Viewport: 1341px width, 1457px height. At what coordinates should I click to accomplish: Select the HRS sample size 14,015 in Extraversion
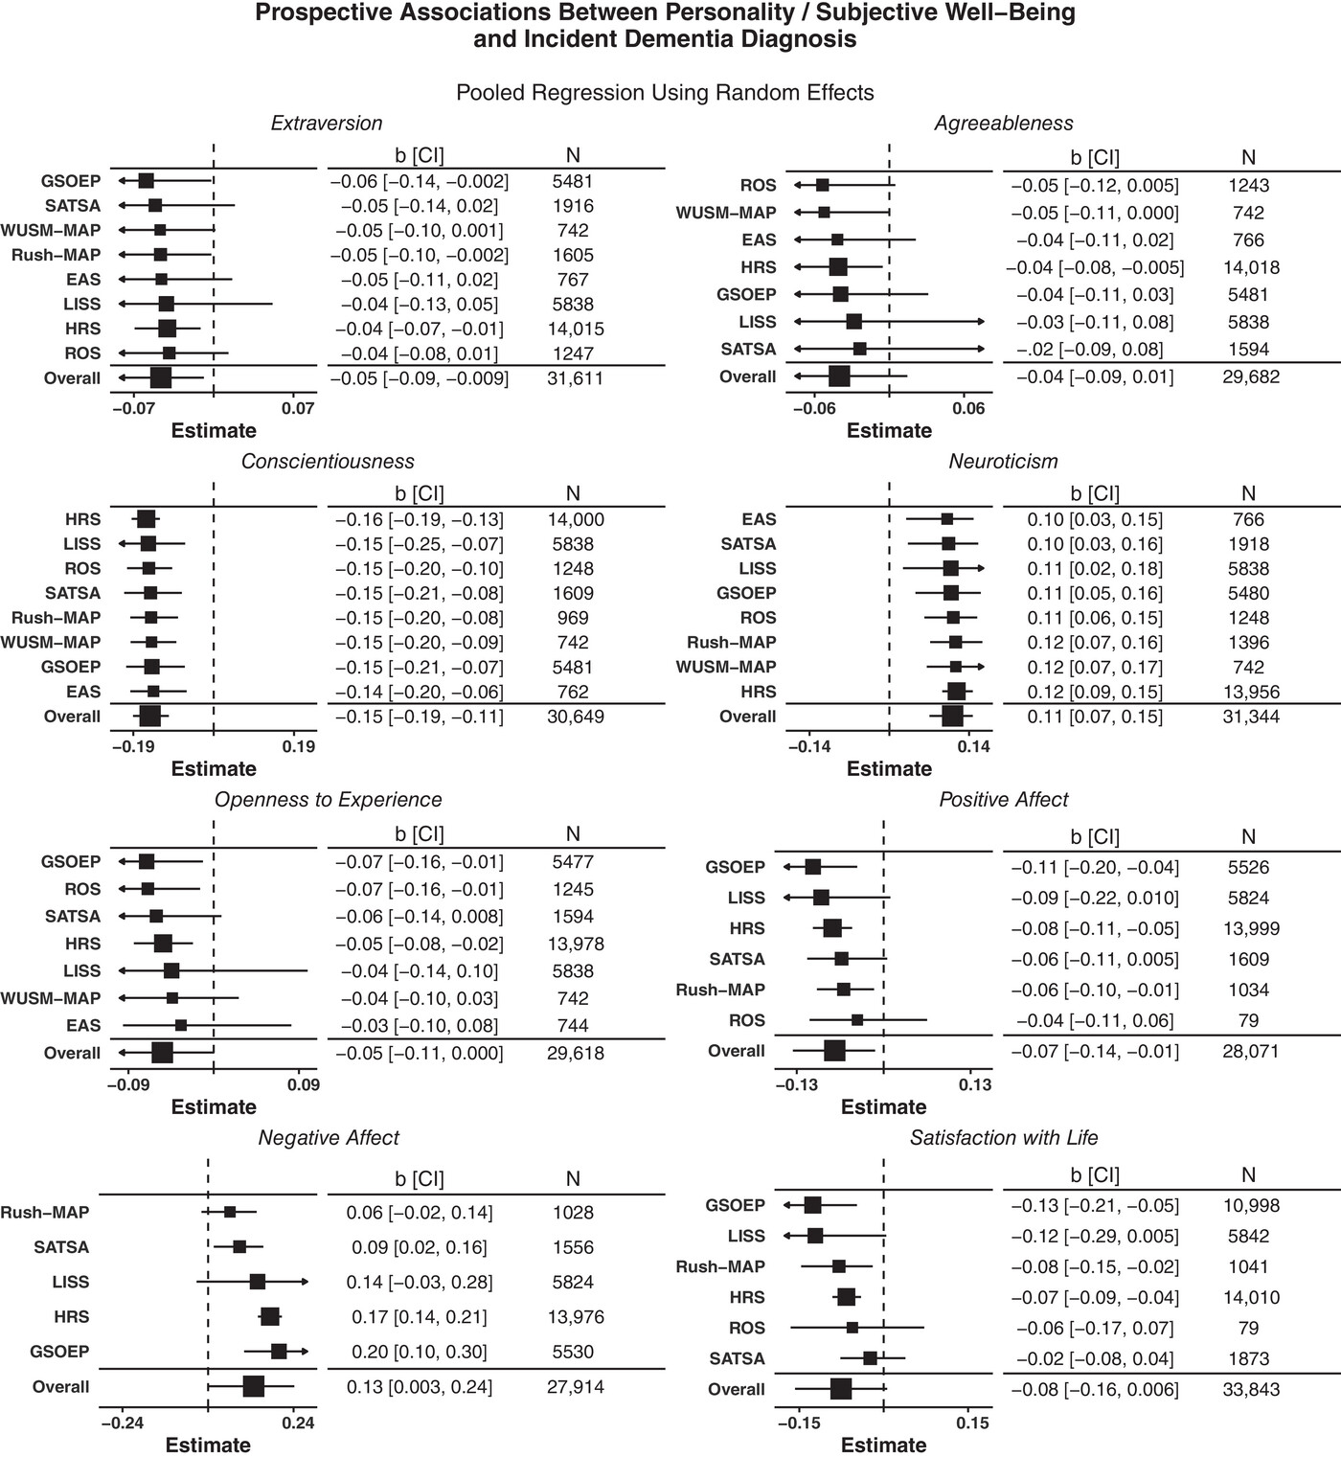pyautogui.click(x=573, y=329)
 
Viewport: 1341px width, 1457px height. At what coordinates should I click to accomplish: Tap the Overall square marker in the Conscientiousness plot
pyautogui.click(x=150, y=717)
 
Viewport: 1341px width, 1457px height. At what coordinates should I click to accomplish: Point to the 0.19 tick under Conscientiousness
pyautogui.click(x=299, y=746)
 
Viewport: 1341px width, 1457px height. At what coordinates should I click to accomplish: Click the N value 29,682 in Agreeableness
pyautogui.click(x=1250, y=376)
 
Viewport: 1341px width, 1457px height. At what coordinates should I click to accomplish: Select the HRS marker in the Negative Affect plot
pyautogui.click(x=270, y=1317)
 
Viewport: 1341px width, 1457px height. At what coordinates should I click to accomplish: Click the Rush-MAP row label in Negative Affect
pyautogui.click(x=45, y=1213)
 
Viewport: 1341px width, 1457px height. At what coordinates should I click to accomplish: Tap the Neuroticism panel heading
pyautogui.click(x=1003, y=462)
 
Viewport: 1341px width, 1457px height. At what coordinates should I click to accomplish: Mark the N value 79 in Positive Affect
pyautogui.click(x=1249, y=1020)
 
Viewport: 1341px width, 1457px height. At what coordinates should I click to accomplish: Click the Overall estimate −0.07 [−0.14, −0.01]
pyautogui.click(x=1095, y=1051)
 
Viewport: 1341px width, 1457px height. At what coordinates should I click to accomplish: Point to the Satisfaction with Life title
pyautogui.click(x=1003, y=1138)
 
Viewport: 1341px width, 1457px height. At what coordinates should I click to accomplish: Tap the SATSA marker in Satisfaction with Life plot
pyautogui.click(x=870, y=1358)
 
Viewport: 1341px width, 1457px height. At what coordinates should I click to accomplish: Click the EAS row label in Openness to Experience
pyautogui.click(x=83, y=1025)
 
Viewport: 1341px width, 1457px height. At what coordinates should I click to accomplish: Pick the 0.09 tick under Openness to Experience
pyautogui.click(x=303, y=1084)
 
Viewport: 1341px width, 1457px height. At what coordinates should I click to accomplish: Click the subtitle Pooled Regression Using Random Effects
pyautogui.click(x=665, y=93)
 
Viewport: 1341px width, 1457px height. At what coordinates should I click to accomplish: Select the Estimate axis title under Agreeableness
pyautogui.click(x=888, y=431)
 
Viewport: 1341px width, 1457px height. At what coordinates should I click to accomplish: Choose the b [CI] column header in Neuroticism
pyautogui.click(x=1095, y=494)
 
